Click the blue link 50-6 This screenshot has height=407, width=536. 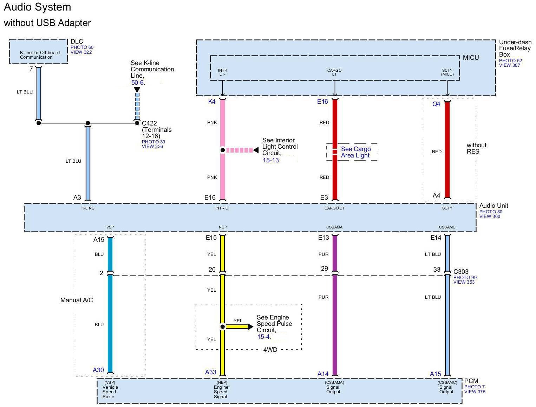tap(137, 83)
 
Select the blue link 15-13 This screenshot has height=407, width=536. tap(271, 160)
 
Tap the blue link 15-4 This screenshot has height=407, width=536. tap(263, 337)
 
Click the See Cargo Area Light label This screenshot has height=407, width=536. tap(355, 152)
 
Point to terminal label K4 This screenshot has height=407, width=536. tap(211, 101)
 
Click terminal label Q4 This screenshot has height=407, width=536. tap(436, 104)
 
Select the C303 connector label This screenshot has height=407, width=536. tap(461, 271)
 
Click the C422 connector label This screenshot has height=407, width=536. tap(149, 123)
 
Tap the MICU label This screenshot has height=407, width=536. tap(471, 58)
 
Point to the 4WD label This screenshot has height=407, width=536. tap(270, 350)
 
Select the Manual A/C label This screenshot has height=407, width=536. tap(77, 300)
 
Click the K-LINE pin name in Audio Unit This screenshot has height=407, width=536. tap(88, 208)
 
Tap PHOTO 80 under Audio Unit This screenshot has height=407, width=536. tap(491, 212)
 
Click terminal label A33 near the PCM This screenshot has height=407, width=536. tap(210, 372)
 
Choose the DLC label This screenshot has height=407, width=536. tap(77, 41)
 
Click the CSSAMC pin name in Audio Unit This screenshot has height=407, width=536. tap(447, 227)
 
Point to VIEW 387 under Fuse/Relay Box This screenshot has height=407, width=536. tap(509, 65)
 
